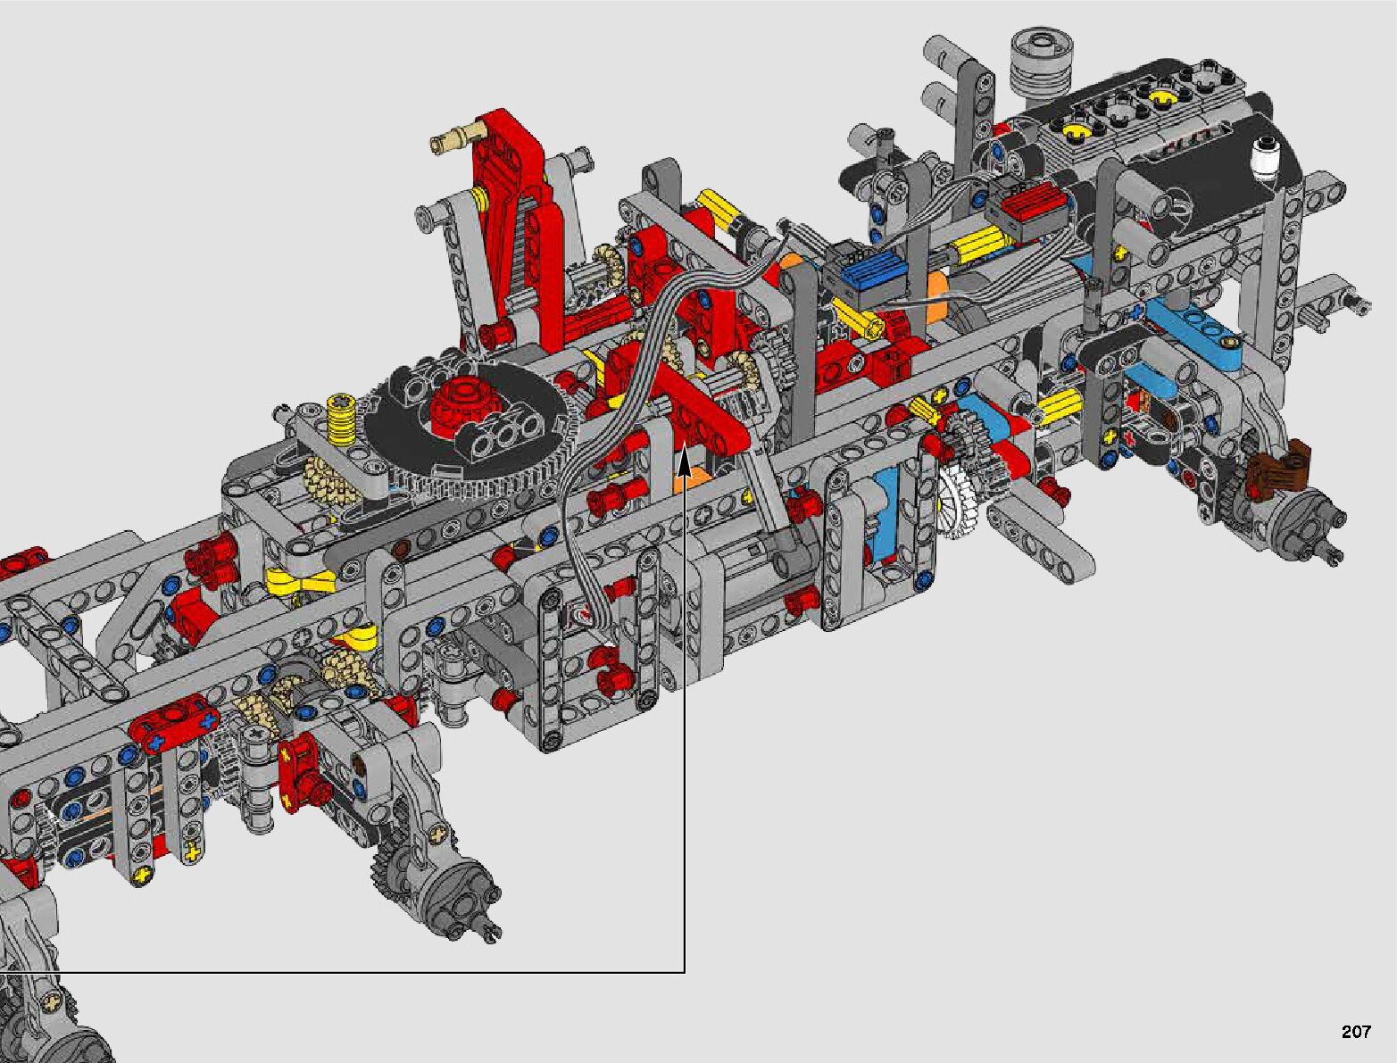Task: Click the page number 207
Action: pyautogui.click(x=1356, y=1031)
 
